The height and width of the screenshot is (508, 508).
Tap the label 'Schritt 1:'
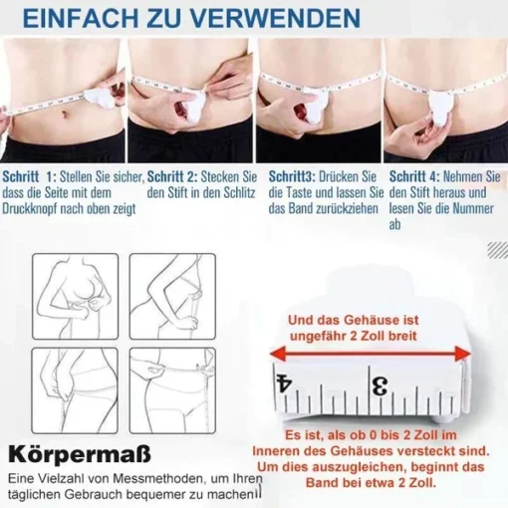[30, 176]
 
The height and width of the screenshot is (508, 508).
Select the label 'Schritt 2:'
[172, 176]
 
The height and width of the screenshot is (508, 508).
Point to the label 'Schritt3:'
[292, 176]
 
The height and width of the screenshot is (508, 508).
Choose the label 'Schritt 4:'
[414, 176]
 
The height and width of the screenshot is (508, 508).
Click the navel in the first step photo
[66, 115]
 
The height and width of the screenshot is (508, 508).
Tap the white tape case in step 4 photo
[440, 110]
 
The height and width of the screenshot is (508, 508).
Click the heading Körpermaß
[80, 454]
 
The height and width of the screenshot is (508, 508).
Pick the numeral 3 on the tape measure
[380, 386]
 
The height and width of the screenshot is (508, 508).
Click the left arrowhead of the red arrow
[278, 354]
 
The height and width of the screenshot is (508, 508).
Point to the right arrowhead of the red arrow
[463, 354]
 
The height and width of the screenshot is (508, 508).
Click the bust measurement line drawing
[76, 297]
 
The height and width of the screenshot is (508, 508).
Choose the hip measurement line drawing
[75, 390]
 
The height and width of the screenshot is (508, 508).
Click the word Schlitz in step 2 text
[239, 192]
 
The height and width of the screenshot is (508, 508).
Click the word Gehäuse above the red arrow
[372, 320]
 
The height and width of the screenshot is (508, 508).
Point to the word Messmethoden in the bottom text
[153, 478]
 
